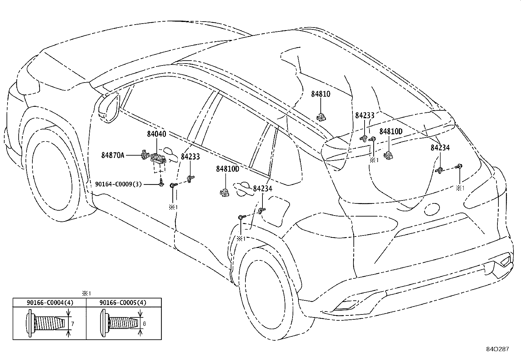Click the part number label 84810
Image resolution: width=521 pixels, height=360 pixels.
321,94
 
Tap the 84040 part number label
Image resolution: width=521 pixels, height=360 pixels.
156,134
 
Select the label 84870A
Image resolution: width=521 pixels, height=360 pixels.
113,155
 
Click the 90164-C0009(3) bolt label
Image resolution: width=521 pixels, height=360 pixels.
118,184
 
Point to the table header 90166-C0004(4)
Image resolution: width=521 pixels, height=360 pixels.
50,302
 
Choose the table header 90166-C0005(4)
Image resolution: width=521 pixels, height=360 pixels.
123,302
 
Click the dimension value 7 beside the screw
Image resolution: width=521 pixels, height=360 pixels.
73,324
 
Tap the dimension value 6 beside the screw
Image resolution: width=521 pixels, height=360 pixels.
144,324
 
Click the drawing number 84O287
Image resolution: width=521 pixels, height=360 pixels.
497,349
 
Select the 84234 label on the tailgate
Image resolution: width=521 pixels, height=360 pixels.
440,148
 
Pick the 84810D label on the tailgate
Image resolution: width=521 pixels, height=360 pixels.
391,132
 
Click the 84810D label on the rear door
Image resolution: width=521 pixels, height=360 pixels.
227,169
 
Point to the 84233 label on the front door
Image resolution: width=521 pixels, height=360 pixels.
190,157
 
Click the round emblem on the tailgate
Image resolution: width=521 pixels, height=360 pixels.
432,209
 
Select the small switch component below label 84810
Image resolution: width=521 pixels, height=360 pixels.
321,117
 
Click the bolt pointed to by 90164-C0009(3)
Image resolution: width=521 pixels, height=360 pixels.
161,182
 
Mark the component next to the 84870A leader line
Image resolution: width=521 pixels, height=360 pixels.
145,154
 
